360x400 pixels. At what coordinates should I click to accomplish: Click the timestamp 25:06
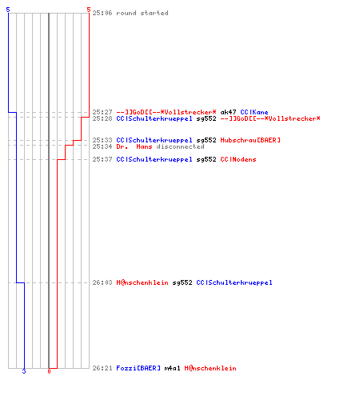[x=102, y=13]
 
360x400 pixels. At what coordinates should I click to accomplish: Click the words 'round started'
[x=142, y=13]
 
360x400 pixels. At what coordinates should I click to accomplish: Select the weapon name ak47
[x=228, y=112]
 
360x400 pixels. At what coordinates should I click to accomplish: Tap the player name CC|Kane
[x=254, y=112]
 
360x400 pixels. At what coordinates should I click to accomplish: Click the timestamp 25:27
[x=102, y=112]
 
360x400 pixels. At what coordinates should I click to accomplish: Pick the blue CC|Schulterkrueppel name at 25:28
[x=154, y=118]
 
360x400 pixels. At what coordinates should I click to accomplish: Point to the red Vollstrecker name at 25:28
[x=270, y=118]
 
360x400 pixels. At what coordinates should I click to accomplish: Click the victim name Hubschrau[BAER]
[x=250, y=140]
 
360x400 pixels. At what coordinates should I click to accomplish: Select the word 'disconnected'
[x=180, y=146]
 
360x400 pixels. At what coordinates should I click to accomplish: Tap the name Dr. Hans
[x=134, y=146]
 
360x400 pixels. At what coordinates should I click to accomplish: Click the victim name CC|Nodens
[x=238, y=159]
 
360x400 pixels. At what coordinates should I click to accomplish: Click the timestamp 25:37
[x=102, y=159]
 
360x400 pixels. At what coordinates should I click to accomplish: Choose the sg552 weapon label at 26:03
[x=182, y=282]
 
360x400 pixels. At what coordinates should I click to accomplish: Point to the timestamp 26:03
[x=102, y=282]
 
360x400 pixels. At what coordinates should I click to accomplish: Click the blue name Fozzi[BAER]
[x=138, y=368]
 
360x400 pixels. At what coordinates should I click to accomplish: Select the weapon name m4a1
[x=172, y=368]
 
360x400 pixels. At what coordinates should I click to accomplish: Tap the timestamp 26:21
[x=102, y=368]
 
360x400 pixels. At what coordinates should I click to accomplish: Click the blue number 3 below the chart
[x=24, y=371]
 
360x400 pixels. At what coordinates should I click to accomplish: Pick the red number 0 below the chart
[x=49, y=371]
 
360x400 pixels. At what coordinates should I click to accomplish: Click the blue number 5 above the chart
[x=8, y=10]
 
